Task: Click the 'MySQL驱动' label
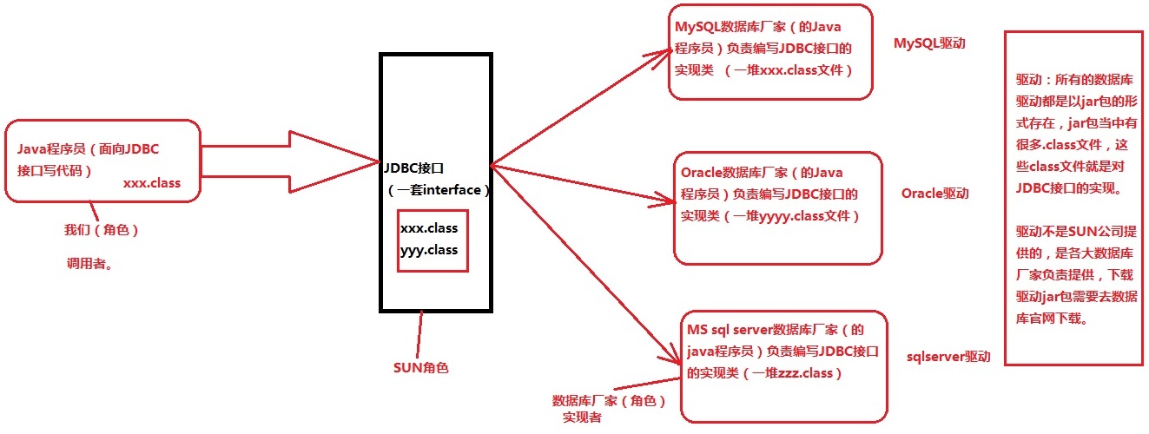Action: coord(929,44)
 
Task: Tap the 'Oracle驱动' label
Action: coord(934,193)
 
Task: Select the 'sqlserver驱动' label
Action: coord(948,357)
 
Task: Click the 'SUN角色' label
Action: coord(420,367)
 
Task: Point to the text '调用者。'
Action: coord(90,264)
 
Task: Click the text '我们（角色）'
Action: coord(101,231)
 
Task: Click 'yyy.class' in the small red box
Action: coord(429,249)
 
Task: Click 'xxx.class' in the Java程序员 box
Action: coord(152,183)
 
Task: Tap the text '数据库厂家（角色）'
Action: coord(609,401)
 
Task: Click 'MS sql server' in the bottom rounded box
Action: coord(729,331)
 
